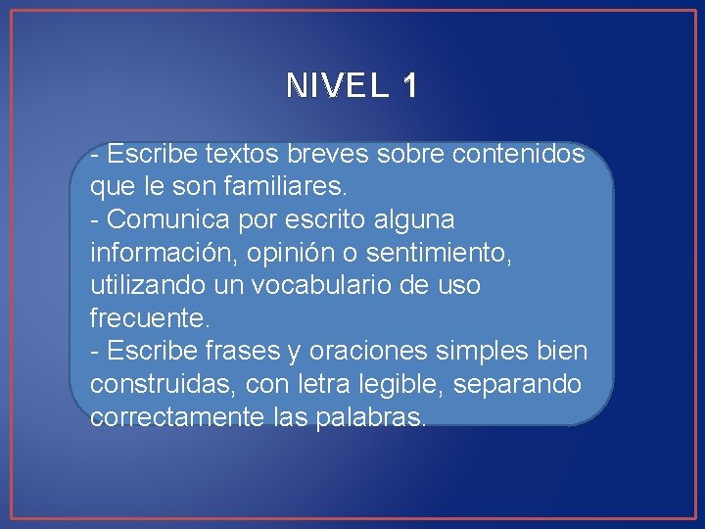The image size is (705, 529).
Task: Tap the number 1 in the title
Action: [409, 86]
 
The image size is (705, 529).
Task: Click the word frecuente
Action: [150, 318]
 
